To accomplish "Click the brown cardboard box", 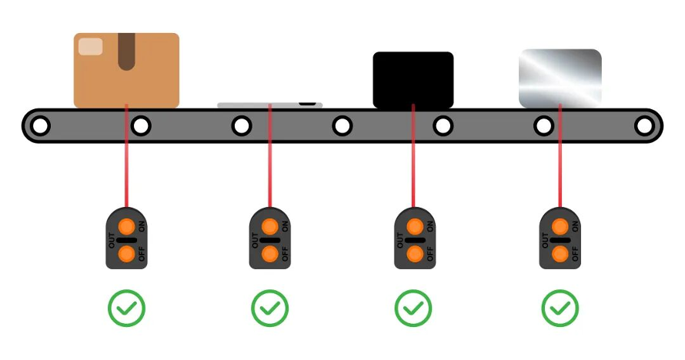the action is (126, 70).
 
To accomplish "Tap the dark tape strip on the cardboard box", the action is (126, 51).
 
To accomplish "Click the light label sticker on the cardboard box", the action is (90, 47).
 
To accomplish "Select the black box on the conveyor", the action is (413, 80).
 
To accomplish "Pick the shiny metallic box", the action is (560, 78).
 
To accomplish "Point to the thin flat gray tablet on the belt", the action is (270, 105).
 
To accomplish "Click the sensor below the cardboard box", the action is (127, 238).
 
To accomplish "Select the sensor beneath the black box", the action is (415, 238).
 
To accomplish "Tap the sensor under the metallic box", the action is (560, 238).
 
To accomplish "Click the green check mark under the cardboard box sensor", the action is (127, 308).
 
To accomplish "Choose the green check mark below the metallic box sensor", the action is (560, 308).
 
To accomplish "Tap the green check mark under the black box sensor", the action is (413, 308).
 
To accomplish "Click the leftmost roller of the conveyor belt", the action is (40, 126).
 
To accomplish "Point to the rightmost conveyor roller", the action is (644, 126).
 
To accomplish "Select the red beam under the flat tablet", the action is (270, 155).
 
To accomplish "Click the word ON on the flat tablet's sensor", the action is (285, 226).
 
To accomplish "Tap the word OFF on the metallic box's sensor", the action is (575, 254).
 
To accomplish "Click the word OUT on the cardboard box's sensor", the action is (112, 241).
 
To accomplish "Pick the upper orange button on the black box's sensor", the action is (415, 227).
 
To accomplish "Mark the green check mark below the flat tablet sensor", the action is (270, 308).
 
